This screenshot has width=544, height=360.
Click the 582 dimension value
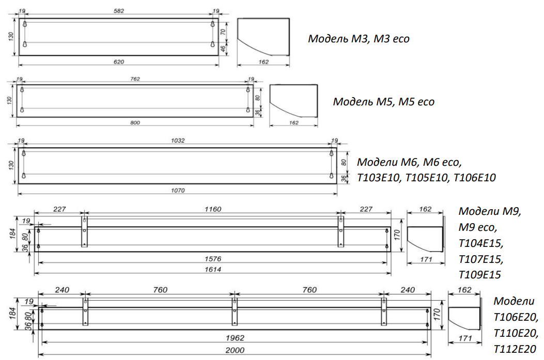tap(119, 11)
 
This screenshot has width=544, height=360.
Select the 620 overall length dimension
tap(119, 62)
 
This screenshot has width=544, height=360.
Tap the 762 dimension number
tap(135, 79)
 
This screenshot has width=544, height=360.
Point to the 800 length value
tap(135, 122)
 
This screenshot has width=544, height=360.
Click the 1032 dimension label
tap(178, 140)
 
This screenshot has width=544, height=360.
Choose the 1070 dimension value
tap(178, 191)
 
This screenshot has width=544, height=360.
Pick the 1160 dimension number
tap(213, 209)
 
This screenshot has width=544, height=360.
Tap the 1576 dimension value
tap(213, 259)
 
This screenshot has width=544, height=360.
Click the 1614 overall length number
tap(213, 270)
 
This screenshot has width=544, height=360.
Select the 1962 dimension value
tap(235, 338)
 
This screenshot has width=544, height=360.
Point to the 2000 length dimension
tap(235, 350)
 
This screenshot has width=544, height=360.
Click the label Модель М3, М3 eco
tap(359, 39)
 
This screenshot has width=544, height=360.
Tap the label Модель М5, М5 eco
tap(384, 102)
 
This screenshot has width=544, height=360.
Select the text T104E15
tap(481, 243)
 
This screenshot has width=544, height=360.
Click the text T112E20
tap(515, 349)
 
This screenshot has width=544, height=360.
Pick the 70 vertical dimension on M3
tap(223, 32)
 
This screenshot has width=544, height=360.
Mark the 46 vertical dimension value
tap(223, 48)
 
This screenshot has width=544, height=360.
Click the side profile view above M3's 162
tap(263, 37)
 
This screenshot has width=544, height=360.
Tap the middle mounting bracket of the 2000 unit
tap(235, 311)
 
